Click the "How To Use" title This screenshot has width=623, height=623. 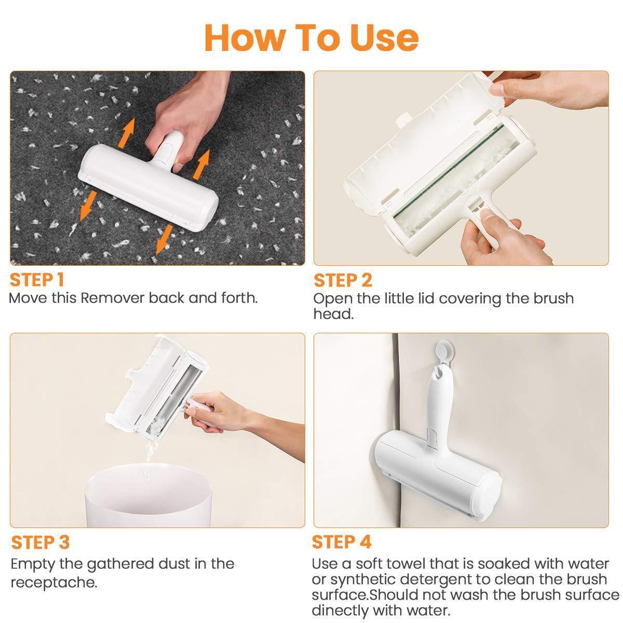coord(311,38)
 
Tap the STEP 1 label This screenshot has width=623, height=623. coord(37,280)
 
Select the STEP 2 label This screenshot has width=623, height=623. coord(343,280)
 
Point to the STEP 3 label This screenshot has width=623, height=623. coord(40,542)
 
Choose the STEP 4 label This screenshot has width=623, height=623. coord(342,542)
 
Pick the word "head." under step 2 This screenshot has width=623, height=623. coord(334,314)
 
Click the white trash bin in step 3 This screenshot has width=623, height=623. coord(148,496)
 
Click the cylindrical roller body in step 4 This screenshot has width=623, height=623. coord(438,475)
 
